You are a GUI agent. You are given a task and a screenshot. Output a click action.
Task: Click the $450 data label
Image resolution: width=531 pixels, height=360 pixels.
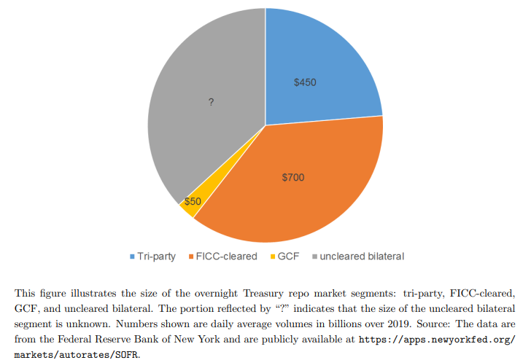coord(305,82)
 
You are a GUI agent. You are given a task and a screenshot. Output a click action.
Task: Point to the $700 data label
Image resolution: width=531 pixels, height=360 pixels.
coord(293,177)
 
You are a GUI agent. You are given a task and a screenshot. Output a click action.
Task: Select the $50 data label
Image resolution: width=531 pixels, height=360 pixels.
coord(193,201)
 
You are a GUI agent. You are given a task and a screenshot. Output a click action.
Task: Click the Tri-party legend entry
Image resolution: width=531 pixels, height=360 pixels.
coord(155,256)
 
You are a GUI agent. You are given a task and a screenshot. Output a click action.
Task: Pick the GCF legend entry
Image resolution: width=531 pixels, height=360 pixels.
coord(289,256)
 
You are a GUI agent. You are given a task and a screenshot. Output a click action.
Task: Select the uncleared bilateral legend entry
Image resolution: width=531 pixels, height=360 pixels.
coord(362,256)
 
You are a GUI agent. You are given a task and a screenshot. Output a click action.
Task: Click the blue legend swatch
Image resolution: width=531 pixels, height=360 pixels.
coord(132,257)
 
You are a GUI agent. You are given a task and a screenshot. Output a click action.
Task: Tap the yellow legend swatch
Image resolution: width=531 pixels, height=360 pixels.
coord(274,257)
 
